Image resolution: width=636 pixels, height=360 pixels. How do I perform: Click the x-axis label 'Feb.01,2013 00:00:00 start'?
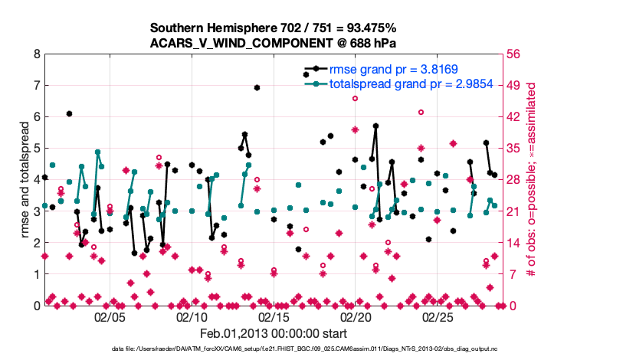coord(273,333)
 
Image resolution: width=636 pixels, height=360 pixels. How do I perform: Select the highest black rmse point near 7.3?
coord(306,74)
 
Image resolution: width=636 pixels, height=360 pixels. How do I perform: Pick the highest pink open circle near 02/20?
coord(355,98)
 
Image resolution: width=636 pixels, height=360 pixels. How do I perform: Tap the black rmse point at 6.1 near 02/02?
coord(69,113)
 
